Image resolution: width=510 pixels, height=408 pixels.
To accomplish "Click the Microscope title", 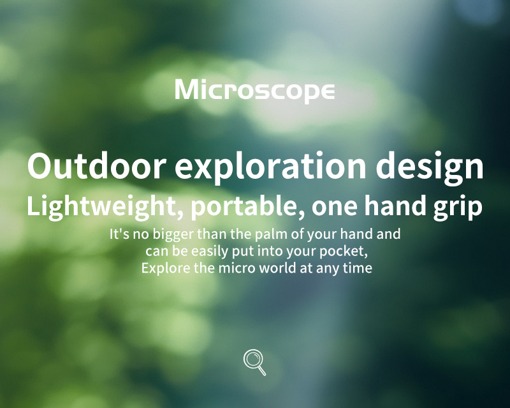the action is pos(254,90).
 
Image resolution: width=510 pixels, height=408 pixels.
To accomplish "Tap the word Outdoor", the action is pos(97,165).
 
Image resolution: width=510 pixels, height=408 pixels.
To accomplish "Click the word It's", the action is pos(119,234).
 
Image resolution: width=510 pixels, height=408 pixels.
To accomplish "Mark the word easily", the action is pos(210,252).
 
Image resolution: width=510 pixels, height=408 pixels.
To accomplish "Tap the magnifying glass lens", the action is pos(252,359).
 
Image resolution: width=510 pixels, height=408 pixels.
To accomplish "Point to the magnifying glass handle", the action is pos(262,371).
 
